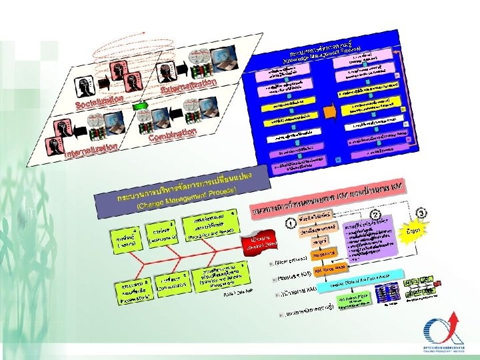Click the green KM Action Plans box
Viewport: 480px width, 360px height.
coord(353,301)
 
